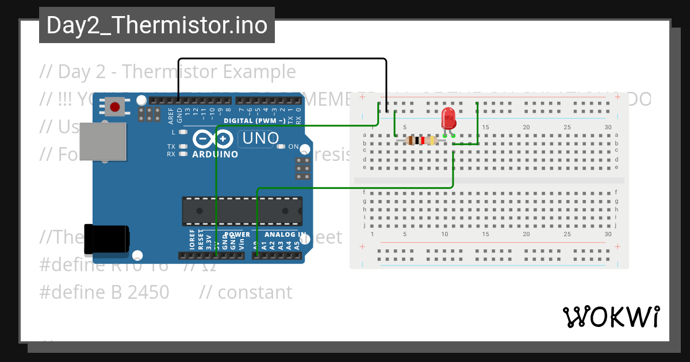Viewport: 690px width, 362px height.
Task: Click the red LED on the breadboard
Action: coord(448,120)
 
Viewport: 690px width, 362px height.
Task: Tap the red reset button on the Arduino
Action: coord(115,107)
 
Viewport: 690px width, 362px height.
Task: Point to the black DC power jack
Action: coord(106,239)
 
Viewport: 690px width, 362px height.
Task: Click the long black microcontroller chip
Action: coord(242,211)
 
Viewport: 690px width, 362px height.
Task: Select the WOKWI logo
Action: coord(611,317)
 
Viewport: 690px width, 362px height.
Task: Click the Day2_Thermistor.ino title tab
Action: coord(156,25)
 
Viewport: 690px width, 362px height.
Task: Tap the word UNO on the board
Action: coord(260,138)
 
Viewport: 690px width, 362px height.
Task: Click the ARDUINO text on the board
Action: coord(215,155)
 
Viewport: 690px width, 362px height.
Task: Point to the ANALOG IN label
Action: coord(285,234)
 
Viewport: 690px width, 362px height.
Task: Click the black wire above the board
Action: coord(282,59)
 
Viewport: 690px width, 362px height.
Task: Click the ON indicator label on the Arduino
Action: coord(293,147)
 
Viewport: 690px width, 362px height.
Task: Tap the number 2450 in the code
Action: coord(148,292)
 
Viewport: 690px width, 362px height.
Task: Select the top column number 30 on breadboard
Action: coord(608,127)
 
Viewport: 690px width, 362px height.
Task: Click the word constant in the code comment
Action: coord(255,292)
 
